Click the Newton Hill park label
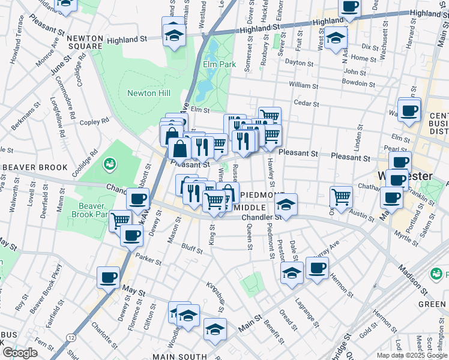[x=149, y=93]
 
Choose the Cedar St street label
[x=306, y=103]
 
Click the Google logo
[x=19, y=353]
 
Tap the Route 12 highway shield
[x=72, y=338]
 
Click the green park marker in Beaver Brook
[x=109, y=163]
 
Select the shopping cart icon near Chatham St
[x=341, y=196]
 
